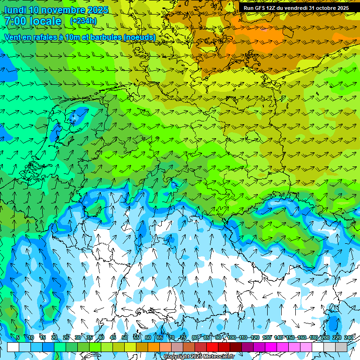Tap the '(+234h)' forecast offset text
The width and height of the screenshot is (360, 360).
[83, 21]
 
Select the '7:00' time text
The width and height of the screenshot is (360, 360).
[15, 21]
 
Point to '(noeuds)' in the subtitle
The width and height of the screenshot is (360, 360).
[140, 37]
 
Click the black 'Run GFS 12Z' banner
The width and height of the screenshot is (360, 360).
[296, 8]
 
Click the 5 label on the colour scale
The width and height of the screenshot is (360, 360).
[17, 337]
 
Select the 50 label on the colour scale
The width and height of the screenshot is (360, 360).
[125, 337]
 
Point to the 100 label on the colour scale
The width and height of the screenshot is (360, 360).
[231, 337]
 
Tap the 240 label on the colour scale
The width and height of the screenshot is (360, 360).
[349, 337]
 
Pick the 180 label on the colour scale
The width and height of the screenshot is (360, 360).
[313, 337]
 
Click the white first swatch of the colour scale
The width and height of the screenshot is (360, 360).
[13, 347]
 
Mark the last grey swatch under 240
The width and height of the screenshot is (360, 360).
[341, 347]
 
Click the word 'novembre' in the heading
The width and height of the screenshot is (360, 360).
[60, 10]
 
